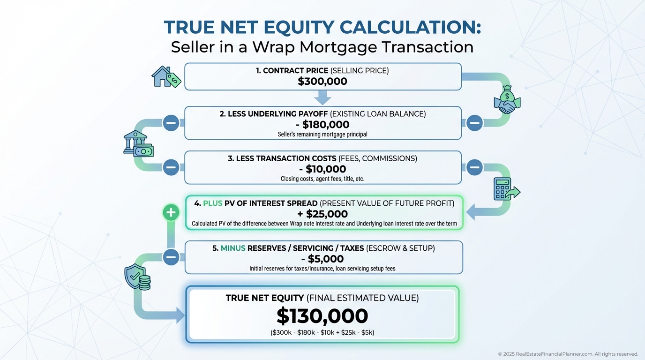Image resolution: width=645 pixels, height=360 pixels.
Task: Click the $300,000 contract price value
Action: click(x=322, y=82)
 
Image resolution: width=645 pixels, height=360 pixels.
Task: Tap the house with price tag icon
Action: click(x=166, y=76)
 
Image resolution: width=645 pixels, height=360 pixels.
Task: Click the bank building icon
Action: click(x=138, y=144)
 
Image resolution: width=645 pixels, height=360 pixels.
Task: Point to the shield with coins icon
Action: click(x=137, y=277)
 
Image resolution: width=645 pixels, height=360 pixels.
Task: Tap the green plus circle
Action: click(x=171, y=212)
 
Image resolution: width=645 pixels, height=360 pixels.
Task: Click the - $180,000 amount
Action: click(x=322, y=124)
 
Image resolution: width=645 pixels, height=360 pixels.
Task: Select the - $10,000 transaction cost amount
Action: click(x=322, y=169)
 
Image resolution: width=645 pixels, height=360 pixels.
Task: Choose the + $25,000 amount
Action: click(x=322, y=214)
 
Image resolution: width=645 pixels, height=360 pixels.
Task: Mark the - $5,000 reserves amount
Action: click(x=322, y=259)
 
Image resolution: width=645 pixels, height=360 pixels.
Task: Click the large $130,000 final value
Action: click(x=322, y=316)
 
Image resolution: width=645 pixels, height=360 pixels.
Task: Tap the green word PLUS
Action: click(x=212, y=203)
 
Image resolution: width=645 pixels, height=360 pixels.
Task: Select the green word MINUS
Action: click(x=233, y=248)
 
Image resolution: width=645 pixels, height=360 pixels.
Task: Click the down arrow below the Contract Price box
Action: click(x=322, y=97)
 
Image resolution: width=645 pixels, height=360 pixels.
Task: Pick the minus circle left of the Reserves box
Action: click(x=171, y=257)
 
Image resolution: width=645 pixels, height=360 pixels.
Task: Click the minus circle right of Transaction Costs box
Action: click(x=474, y=167)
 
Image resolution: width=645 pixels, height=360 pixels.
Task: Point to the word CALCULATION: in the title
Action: click(x=410, y=27)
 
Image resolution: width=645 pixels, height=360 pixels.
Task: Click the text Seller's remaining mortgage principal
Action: click(x=322, y=134)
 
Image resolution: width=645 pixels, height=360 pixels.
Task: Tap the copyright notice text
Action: click(x=568, y=354)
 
